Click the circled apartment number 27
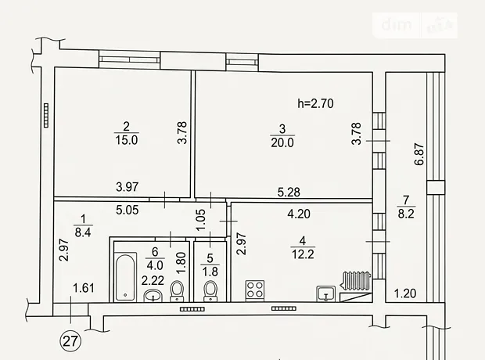[70, 340]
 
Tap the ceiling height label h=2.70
[315, 103]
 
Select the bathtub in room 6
[125, 277]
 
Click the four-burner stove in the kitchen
[255, 290]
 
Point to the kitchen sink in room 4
[326, 293]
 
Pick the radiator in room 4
[356, 281]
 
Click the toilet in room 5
[210, 290]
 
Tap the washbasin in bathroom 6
[153, 295]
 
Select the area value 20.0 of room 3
[282, 142]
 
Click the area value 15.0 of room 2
[127, 140]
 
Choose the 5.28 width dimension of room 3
[289, 193]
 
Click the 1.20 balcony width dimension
[405, 293]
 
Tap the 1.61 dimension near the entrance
[84, 288]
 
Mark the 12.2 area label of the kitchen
[303, 254]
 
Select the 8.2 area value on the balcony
[406, 214]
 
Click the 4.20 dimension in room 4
[299, 214]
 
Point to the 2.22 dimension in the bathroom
[153, 280]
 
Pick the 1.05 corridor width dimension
[201, 220]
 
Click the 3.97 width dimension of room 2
[128, 187]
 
